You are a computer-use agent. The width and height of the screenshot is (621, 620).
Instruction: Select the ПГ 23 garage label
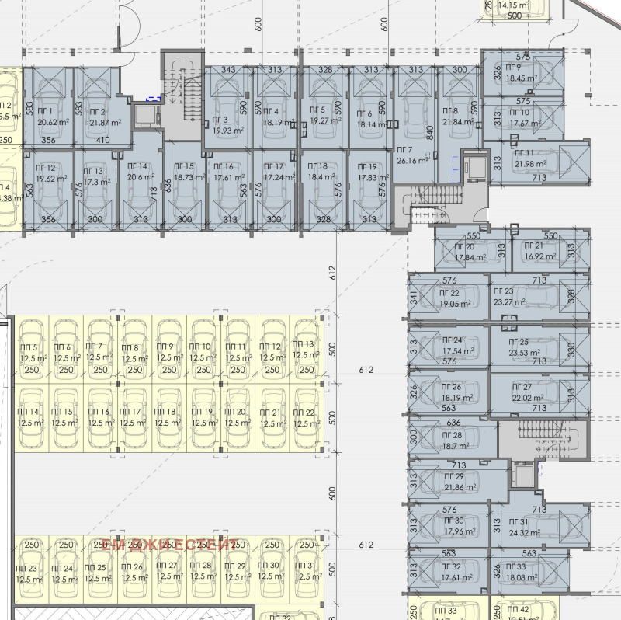point(504,291)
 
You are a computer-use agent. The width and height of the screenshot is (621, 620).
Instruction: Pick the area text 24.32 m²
point(526,533)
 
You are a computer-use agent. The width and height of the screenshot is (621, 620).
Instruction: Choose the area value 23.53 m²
point(524,352)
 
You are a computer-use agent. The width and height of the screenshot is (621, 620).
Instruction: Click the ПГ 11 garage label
point(524,152)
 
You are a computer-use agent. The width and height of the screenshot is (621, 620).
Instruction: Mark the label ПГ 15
point(184,167)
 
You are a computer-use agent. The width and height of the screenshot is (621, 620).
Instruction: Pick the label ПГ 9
point(513,68)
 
